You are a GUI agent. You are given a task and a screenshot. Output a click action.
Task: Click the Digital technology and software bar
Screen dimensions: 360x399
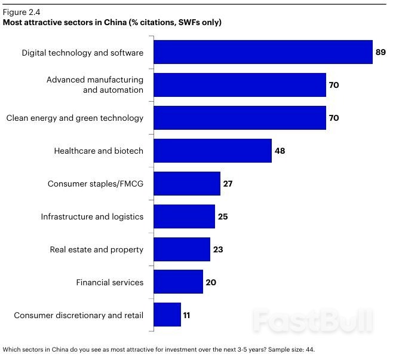coord(263,52)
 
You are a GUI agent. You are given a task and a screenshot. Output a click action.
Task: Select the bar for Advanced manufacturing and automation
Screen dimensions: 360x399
coord(240,85)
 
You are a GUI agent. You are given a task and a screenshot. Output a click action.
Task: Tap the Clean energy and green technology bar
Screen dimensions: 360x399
coord(240,118)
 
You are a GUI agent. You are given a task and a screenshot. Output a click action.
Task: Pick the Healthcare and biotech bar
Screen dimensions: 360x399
coord(213,151)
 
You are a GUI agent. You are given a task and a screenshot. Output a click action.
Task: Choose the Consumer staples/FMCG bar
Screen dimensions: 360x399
coord(187,184)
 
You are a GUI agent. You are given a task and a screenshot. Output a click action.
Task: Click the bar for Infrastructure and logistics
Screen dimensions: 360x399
coord(184,216)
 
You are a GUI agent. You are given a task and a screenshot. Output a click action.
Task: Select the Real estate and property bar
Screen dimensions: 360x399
coord(182,249)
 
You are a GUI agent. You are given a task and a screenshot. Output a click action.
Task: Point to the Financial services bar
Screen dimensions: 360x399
coord(178,282)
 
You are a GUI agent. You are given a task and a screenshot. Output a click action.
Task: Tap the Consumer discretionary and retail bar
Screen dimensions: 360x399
coord(167,315)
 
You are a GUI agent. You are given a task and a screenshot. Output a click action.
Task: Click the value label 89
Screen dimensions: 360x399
coord(380,53)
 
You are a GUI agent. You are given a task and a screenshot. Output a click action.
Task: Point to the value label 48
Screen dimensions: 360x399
coord(280,151)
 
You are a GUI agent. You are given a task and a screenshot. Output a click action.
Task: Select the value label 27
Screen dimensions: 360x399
coord(228,184)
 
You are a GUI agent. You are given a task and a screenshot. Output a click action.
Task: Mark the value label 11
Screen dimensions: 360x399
coord(186,315)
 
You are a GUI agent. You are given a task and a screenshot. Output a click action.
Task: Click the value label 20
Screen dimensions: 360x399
coord(211,282)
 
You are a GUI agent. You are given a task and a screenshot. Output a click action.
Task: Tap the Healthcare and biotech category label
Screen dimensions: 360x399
coord(99,151)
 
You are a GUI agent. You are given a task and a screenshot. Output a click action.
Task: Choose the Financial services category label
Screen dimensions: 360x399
coord(109,282)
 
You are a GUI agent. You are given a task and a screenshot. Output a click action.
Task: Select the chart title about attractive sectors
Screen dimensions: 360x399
coord(112,23)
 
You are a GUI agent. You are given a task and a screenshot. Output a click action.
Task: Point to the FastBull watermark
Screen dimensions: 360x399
coord(312,320)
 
